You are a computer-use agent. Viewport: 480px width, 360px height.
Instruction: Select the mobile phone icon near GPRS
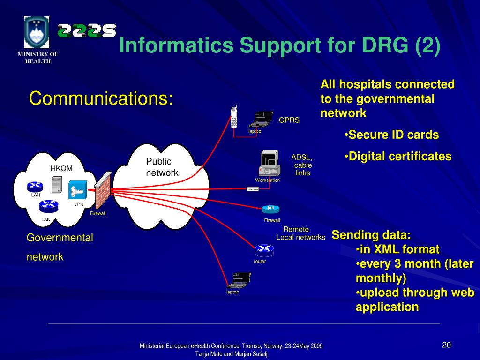click(x=234, y=117)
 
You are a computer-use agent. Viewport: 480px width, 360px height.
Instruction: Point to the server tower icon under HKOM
click(x=57, y=184)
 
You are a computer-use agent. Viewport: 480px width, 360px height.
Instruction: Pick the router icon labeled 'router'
click(x=264, y=250)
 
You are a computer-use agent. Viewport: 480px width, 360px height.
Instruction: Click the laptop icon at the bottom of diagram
click(x=239, y=280)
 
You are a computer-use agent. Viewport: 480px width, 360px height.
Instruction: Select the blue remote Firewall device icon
click(x=270, y=209)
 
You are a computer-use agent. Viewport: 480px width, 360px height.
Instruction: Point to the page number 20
click(x=446, y=345)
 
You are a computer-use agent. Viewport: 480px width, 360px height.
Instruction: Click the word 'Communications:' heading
click(x=101, y=98)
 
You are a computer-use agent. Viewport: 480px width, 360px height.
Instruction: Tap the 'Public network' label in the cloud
click(x=162, y=167)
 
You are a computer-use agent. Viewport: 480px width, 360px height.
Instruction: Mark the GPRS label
click(x=289, y=120)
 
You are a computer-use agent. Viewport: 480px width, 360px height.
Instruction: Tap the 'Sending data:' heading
click(x=371, y=235)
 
